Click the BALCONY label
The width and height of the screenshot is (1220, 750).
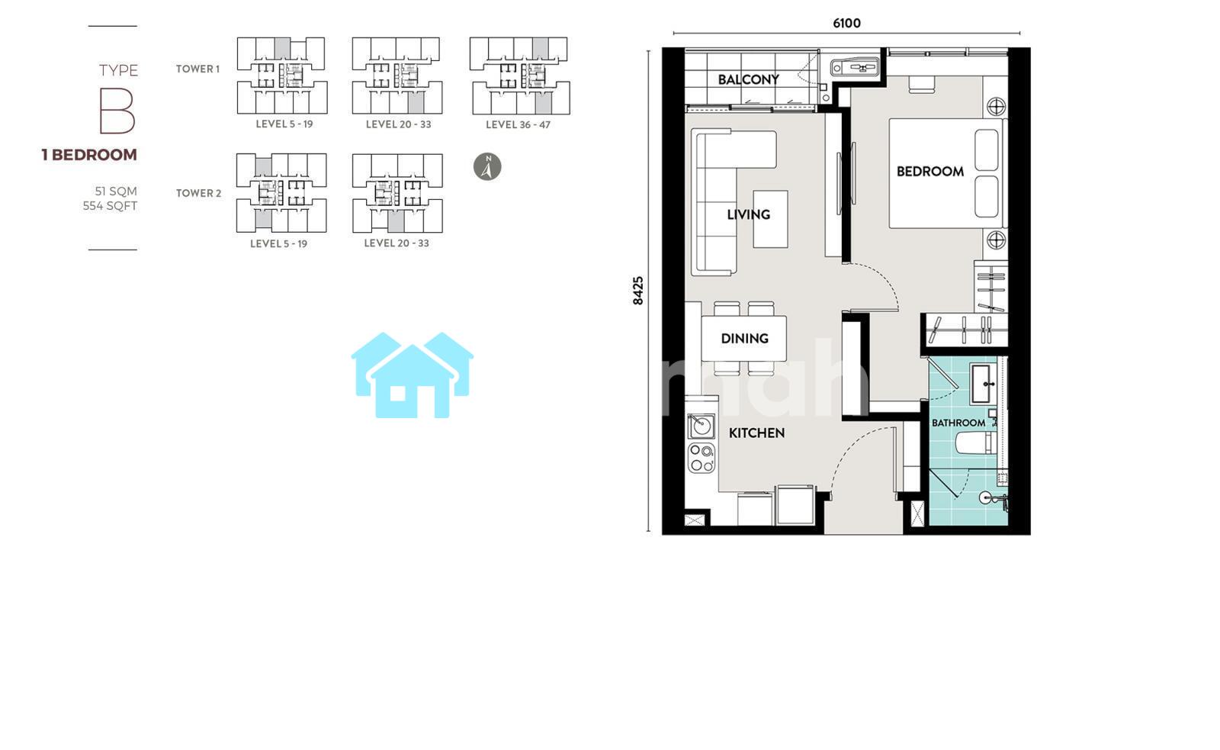click(748, 79)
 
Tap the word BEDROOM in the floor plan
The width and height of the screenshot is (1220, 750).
click(929, 171)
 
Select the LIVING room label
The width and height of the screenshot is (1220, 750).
click(748, 214)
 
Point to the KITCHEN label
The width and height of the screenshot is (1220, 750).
click(756, 433)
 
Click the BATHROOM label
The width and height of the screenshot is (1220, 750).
click(958, 423)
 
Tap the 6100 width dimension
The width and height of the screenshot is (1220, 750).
click(847, 23)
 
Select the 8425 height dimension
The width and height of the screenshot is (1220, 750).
click(637, 291)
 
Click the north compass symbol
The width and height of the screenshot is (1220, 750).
click(487, 166)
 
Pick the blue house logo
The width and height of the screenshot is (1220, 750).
click(413, 375)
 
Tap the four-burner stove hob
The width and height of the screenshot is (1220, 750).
click(701, 458)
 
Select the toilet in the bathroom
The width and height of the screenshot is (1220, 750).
click(977, 443)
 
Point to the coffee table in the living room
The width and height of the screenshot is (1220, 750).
click(770, 219)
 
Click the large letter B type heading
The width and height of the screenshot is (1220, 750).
click(117, 111)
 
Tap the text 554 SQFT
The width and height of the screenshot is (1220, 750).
click(110, 206)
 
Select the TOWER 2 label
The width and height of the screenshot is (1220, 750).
click(198, 193)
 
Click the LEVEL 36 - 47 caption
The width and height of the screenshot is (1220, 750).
click(518, 125)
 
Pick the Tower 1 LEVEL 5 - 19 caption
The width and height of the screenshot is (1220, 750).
click(284, 124)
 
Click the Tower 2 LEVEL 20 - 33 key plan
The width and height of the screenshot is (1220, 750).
click(397, 193)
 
